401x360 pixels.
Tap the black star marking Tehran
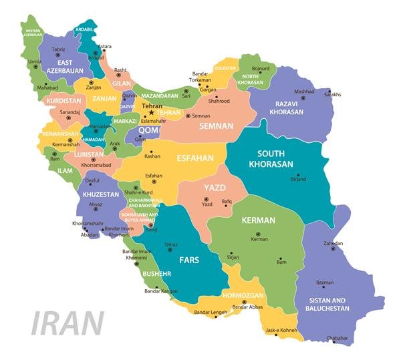(151, 112)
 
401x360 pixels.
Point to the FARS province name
(188, 259)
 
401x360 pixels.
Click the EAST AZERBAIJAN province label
(65, 65)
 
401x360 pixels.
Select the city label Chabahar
(337, 338)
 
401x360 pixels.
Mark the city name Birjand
(298, 179)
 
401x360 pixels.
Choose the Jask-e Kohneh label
(280, 330)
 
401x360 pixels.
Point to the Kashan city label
(152, 156)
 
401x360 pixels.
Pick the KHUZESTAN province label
(100, 194)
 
